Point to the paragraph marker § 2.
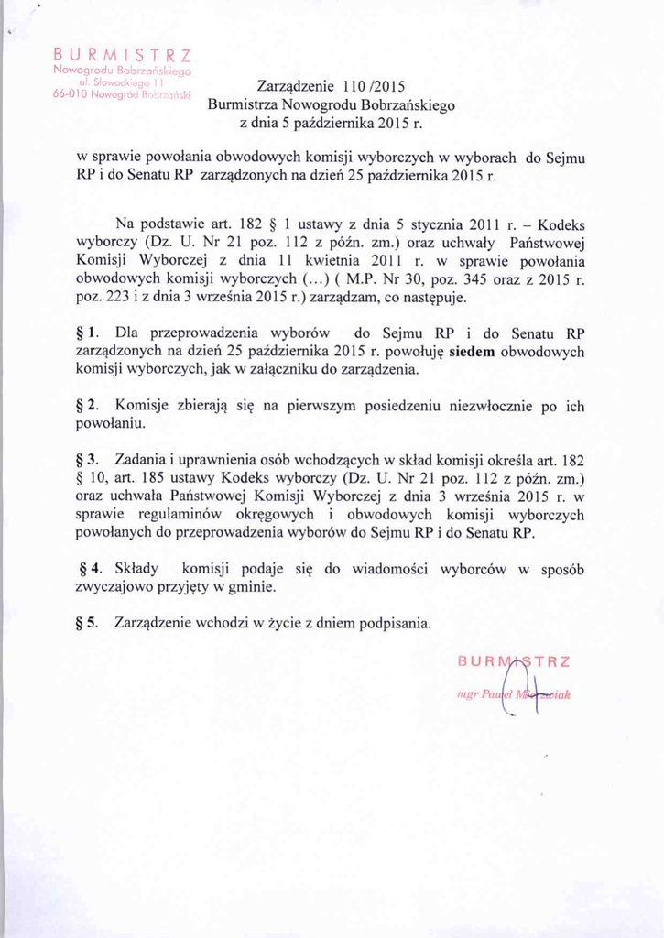click(x=90, y=405)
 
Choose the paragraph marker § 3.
click(x=90, y=458)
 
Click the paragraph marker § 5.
click(x=90, y=623)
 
